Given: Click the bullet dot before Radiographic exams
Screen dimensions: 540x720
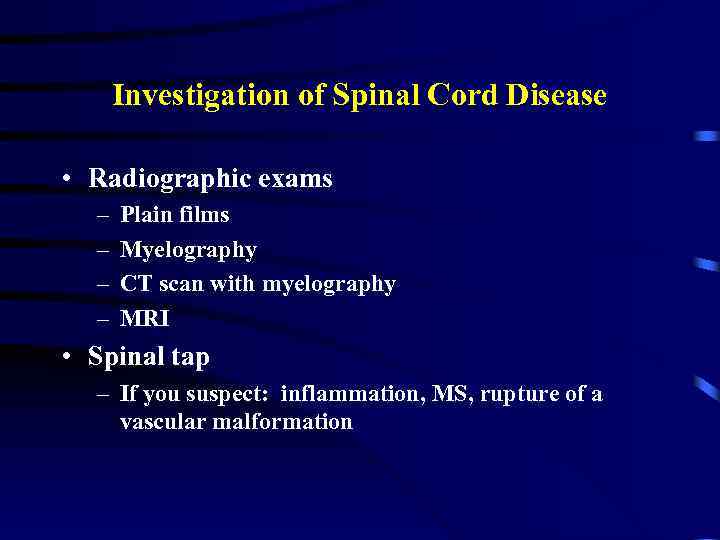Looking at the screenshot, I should tap(64, 179).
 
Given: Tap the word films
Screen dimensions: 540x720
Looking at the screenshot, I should tap(204, 215).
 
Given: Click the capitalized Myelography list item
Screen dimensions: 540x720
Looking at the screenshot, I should tap(188, 250).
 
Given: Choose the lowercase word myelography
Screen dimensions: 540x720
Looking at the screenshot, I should tap(329, 285).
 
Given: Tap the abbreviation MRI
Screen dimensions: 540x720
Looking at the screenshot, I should tap(145, 319).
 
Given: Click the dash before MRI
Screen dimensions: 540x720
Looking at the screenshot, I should tap(103, 319).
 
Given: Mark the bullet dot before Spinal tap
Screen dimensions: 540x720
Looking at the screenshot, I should tap(64, 357).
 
